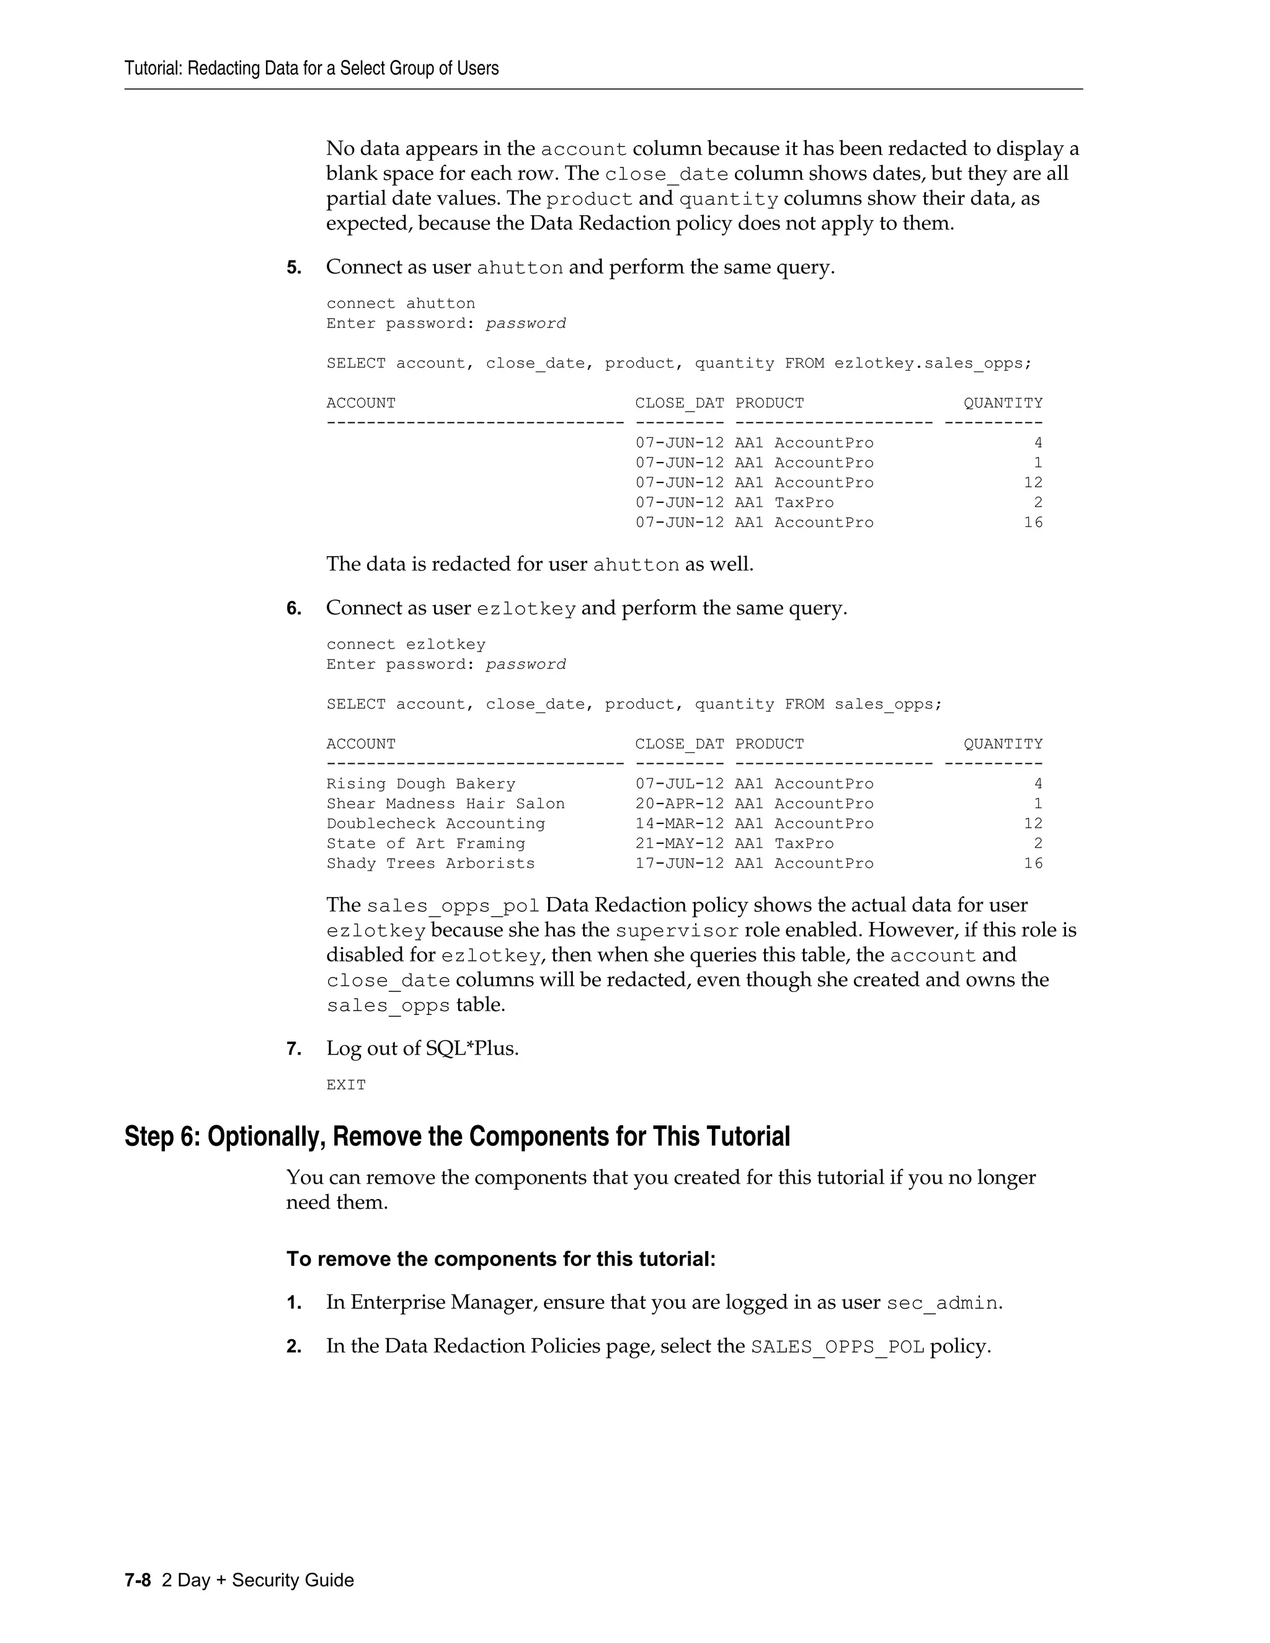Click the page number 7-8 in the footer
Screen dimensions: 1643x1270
(x=138, y=1580)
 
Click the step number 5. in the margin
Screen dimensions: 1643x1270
(x=293, y=268)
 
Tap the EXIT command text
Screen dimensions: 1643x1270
(x=346, y=1085)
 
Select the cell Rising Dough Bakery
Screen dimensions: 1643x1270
(x=420, y=784)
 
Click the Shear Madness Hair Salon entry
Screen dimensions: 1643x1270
(x=445, y=804)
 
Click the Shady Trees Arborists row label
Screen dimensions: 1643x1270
(x=430, y=864)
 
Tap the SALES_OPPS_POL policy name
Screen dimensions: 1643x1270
(x=837, y=1347)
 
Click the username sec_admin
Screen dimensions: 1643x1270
(x=942, y=1303)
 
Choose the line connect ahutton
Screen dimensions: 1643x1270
(x=400, y=303)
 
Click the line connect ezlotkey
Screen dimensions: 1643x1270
(x=406, y=645)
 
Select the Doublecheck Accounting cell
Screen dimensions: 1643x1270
(x=435, y=824)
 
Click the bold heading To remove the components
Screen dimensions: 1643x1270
(x=500, y=1259)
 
